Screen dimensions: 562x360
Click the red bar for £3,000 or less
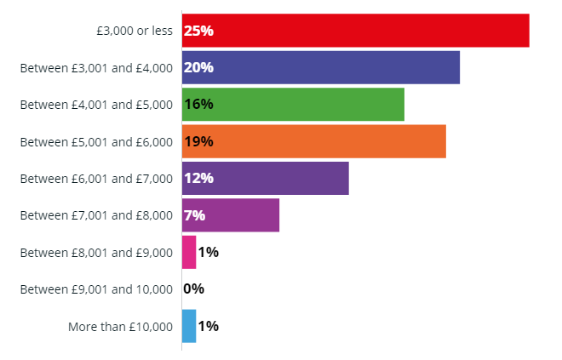tap(356, 31)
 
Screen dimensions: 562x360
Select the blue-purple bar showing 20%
tap(321, 67)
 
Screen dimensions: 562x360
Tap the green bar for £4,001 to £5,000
tap(293, 104)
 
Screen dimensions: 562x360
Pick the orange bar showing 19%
tap(314, 141)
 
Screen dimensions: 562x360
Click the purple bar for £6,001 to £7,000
tap(265, 178)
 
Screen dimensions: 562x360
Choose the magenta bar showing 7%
tap(231, 215)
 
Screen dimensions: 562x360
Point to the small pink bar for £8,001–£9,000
tap(189, 252)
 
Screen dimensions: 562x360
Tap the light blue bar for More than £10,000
tap(189, 326)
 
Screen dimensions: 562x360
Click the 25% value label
tap(198, 31)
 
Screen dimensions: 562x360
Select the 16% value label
tap(198, 104)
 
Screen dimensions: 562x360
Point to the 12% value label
tap(198, 178)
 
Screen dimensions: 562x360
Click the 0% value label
tap(193, 289)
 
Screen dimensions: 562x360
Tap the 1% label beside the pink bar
tap(209, 252)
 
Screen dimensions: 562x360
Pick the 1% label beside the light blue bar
tap(209, 326)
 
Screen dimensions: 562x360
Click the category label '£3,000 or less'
tap(135, 31)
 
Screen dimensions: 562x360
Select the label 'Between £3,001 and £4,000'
tap(96, 68)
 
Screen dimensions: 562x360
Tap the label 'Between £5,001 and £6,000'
tap(96, 142)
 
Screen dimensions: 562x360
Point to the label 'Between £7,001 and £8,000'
tap(96, 215)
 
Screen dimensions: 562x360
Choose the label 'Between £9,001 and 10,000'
tap(96, 289)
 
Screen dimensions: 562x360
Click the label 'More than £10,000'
tap(120, 327)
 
